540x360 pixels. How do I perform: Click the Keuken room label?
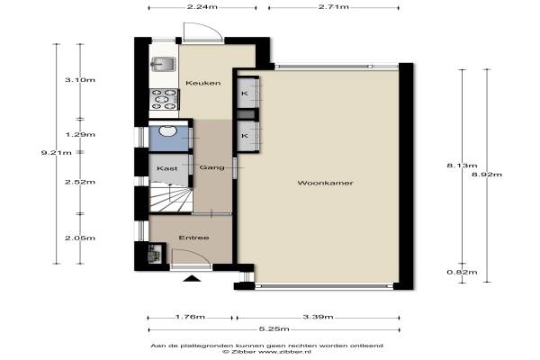[x=203, y=83]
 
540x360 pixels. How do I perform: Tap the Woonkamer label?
[x=325, y=183]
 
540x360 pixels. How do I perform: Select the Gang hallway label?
[x=211, y=167]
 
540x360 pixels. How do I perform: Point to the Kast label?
[x=167, y=168]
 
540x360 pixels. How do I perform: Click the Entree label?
[x=193, y=238]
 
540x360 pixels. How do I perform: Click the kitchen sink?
[x=163, y=65]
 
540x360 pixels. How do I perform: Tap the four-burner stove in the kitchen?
[x=165, y=99]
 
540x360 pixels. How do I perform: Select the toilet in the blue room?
[x=168, y=130]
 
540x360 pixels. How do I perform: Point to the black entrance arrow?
[x=192, y=278]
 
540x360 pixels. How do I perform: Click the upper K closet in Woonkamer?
[x=248, y=94]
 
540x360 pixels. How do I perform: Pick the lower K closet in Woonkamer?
[x=248, y=136]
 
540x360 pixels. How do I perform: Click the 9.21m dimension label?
[x=57, y=153]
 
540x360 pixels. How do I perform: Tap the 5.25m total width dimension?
[x=274, y=329]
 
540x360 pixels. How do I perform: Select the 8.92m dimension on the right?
[x=487, y=175]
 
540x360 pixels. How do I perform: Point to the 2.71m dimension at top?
[x=333, y=6]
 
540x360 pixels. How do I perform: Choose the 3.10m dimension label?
[x=80, y=80]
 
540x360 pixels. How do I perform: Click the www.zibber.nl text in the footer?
[x=284, y=352]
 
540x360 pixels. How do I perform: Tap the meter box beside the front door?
[x=155, y=253]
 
